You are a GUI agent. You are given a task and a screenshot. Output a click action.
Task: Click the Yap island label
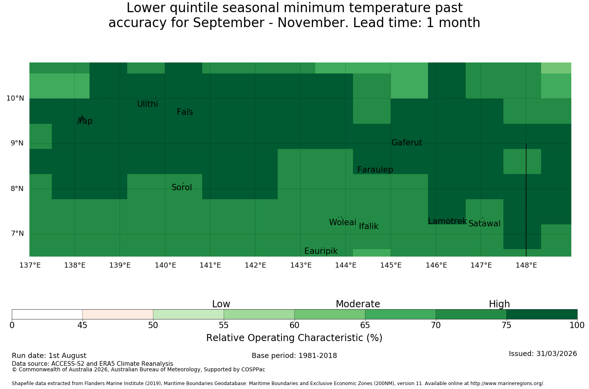(85, 121)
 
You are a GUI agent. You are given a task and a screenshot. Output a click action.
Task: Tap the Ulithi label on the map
(148, 104)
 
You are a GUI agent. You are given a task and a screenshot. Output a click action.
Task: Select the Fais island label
(185, 112)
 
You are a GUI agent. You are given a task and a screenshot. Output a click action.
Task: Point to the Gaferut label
(407, 142)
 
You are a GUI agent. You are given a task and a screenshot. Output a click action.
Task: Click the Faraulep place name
(375, 170)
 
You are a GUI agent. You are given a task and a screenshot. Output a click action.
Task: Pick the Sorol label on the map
(182, 187)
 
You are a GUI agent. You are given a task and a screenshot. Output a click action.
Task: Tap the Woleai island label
(343, 222)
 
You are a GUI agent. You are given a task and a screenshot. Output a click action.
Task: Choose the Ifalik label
(369, 226)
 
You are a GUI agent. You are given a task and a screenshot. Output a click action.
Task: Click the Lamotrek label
(448, 221)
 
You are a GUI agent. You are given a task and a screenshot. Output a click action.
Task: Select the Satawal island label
(484, 224)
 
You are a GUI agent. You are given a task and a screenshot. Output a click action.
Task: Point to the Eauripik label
(321, 251)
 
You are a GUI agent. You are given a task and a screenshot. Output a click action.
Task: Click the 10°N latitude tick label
(15, 98)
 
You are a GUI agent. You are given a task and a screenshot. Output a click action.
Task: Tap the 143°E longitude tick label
(301, 265)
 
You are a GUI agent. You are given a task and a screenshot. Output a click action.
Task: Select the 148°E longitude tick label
(527, 265)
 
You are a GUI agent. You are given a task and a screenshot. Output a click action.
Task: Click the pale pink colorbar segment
(118, 314)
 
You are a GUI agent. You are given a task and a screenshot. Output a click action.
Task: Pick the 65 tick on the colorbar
(365, 325)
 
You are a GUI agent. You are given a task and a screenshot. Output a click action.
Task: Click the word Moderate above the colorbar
(358, 304)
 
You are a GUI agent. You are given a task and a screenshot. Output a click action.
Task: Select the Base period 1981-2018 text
(294, 356)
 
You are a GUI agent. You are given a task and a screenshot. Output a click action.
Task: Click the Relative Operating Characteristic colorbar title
(294, 338)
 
